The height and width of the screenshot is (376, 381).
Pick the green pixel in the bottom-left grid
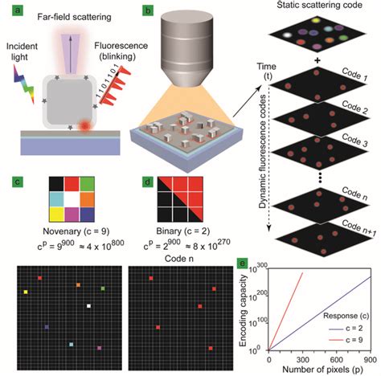pos(102,288)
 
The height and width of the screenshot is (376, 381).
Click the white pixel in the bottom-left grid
pos(88,306)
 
